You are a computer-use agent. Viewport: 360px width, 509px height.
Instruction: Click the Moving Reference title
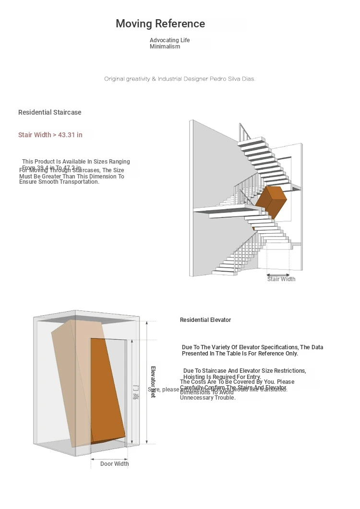coord(160,24)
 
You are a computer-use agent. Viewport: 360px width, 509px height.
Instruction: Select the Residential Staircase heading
coord(50,112)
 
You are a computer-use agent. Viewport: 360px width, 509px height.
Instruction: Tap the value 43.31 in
coord(70,135)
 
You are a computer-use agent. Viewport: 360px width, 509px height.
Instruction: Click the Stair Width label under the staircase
coord(281,279)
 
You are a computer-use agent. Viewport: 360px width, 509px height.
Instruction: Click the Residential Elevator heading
coord(205,320)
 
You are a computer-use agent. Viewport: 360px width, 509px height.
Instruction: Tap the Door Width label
coord(114,464)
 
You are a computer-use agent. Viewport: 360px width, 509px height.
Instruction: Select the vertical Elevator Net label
coord(153,382)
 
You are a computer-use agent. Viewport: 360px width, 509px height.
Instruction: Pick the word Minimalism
coord(165,47)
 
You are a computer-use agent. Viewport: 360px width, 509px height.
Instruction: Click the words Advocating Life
coord(169,40)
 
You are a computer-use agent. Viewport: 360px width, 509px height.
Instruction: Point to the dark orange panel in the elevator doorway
coord(107,389)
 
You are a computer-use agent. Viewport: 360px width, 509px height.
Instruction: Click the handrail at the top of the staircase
coord(245,132)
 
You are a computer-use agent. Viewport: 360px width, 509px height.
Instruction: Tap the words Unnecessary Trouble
coord(208,398)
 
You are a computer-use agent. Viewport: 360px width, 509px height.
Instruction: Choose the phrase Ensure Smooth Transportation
coord(59,182)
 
